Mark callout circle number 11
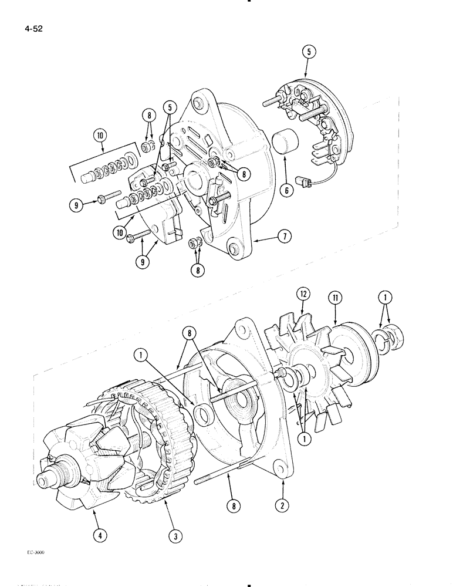(334, 297)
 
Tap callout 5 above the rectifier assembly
(310, 52)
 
